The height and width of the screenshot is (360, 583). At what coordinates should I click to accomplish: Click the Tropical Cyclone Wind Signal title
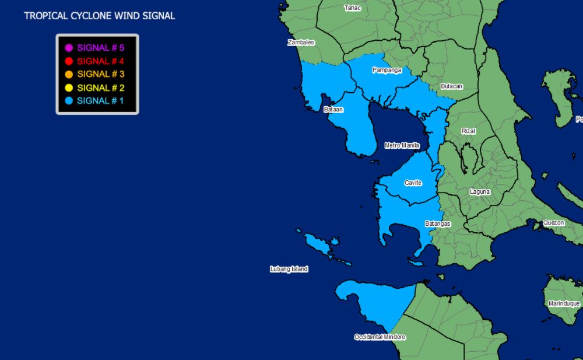click(100, 16)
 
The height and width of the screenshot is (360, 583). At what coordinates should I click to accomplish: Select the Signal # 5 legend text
click(100, 48)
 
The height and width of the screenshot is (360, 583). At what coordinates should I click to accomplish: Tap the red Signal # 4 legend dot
click(69, 61)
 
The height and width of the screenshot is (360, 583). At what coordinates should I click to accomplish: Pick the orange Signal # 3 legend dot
click(69, 75)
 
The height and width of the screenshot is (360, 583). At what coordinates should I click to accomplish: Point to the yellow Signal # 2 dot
click(69, 88)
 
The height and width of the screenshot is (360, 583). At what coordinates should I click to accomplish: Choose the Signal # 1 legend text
click(100, 101)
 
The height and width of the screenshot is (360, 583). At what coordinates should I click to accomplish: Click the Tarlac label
click(353, 8)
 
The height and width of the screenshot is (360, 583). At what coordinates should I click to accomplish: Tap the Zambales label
click(301, 43)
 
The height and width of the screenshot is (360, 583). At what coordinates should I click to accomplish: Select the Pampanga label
click(387, 70)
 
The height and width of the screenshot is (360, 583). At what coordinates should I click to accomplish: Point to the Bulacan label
click(451, 86)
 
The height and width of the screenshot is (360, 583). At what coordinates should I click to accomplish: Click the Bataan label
click(333, 109)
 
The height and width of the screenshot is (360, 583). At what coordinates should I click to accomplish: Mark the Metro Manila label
click(402, 145)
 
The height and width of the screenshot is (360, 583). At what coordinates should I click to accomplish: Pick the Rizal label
click(468, 131)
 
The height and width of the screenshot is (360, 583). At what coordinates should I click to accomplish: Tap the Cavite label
click(413, 183)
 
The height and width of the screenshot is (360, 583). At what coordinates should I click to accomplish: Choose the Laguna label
click(480, 192)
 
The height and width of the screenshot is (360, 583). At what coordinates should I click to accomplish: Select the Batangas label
click(437, 223)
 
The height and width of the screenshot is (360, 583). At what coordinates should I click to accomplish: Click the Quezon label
click(553, 223)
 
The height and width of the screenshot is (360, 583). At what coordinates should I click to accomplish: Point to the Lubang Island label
click(289, 269)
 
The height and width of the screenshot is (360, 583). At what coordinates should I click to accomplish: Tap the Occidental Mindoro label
click(380, 337)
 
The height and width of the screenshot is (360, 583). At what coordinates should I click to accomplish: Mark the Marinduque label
click(564, 303)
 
